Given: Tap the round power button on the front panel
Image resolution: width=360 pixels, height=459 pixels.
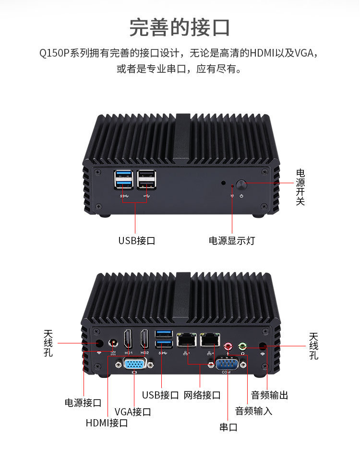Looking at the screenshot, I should [x=241, y=185].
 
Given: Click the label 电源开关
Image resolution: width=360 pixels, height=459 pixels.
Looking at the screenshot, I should [x=300, y=187].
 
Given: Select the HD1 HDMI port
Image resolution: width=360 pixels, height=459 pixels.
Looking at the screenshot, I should [x=129, y=340].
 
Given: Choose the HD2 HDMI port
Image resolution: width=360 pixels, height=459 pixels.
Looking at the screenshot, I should [x=145, y=340].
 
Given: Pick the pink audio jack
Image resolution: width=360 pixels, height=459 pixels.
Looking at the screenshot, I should [x=228, y=345].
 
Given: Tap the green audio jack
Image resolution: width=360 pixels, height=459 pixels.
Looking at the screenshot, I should [x=243, y=345].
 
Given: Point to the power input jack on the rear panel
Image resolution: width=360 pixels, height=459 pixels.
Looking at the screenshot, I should [x=114, y=344].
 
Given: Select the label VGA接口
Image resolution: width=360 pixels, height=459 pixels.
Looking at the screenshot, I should [x=133, y=412].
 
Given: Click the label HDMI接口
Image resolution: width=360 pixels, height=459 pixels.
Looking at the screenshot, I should [x=107, y=423].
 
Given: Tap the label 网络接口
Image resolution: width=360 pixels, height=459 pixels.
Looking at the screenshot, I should [x=202, y=396].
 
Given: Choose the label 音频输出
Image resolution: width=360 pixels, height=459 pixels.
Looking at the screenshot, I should [x=270, y=396].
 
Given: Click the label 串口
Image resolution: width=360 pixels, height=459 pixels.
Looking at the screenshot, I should [x=228, y=427].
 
